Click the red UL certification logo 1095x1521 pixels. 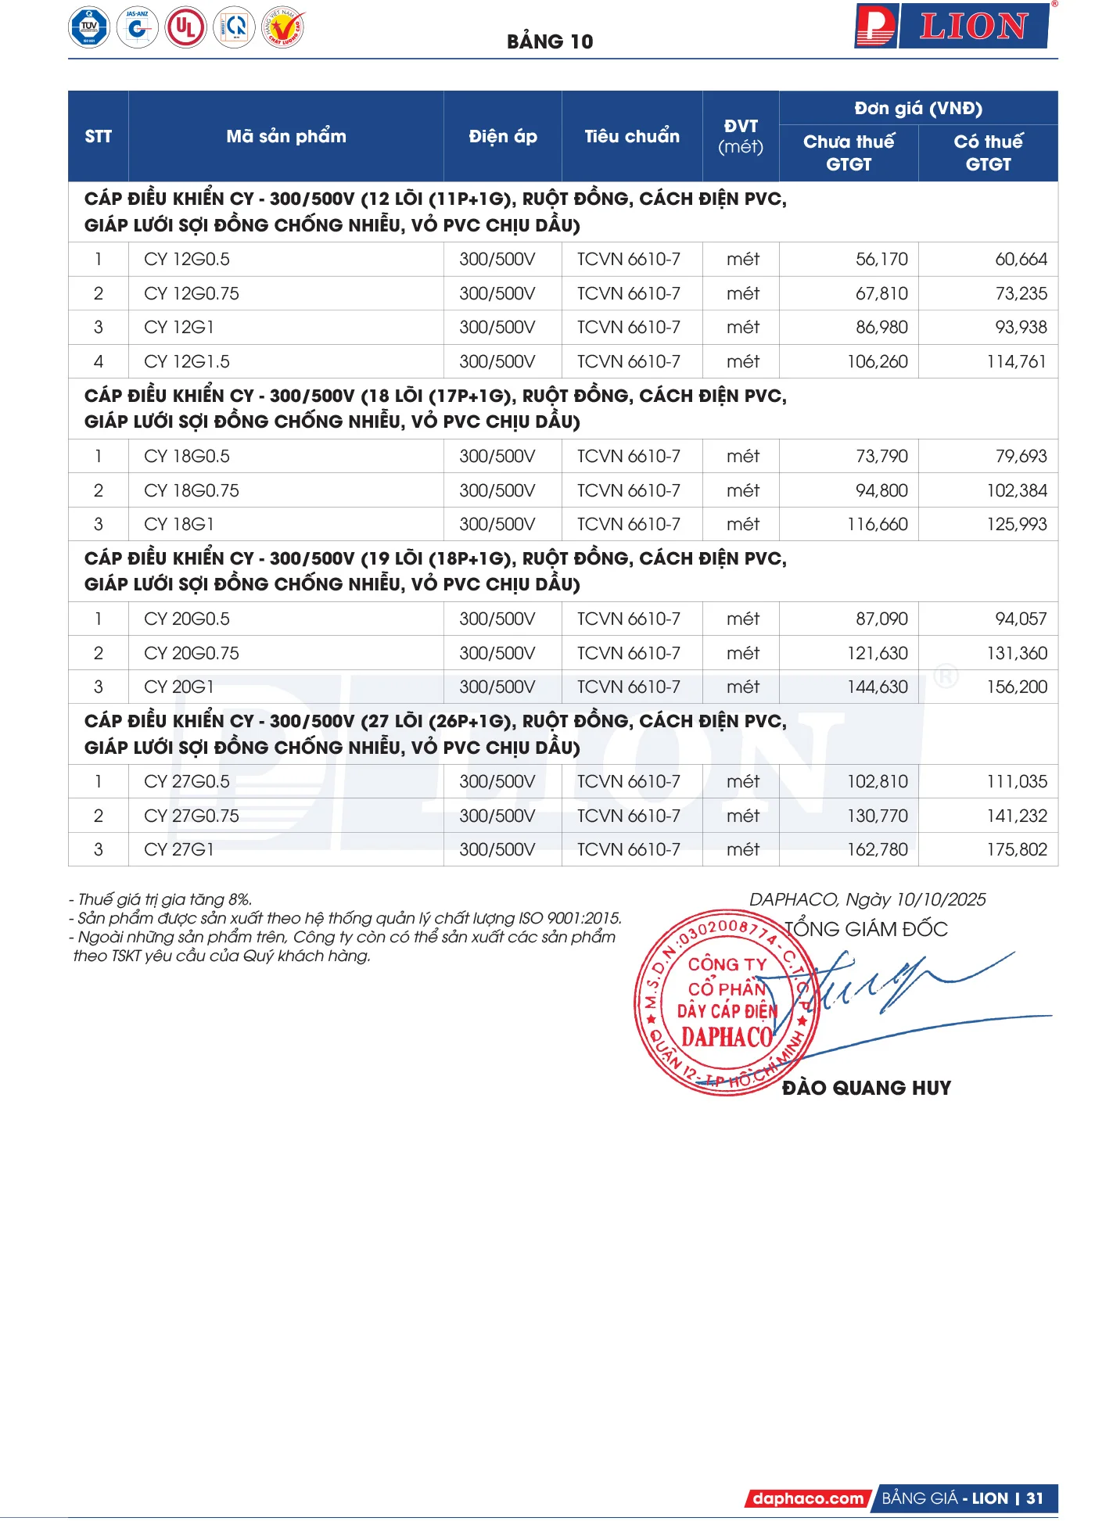pyautogui.click(x=185, y=27)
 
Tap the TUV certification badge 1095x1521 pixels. pyautogui.click(x=89, y=27)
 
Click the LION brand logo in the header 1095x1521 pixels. pyautogui.click(x=952, y=27)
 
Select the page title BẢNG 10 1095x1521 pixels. pyautogui.click(x=550, y=41)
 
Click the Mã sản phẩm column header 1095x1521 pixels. pyautogui.click(x=285, y=136)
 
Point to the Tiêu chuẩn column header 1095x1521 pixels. pyautogui.click(x=631, y=136)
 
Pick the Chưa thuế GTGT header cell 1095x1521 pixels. pyautogui.click(x=848, y=152)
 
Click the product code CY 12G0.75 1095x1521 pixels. pyautogui.click(x=192, y=293)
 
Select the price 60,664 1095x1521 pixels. pyautogui.click(x=1020, y=259)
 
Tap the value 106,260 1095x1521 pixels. pyautogui.click(x=877, y=361)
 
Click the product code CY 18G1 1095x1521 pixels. pyautogui.click(x=179, y=524)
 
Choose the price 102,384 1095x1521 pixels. pyautogui.click(x=1016, y=490)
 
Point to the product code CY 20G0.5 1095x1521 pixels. pyautogui.click(x=187, y=619)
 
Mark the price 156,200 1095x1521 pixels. pyautogui.click(x=1016, y=687)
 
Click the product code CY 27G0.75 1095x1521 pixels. pyautogui.click(x=192, y=816)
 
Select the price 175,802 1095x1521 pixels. pyautogui.click(x=1016, y=849)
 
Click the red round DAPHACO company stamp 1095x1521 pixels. pyautogui.click(x=726, y=1003)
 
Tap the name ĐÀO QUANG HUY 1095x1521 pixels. pyautogui.click(x=866, y=1088)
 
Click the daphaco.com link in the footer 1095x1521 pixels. pyautogui.click(x=808, y=1498)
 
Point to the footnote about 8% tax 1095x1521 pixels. pyautogui.click(x=160, y=899)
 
